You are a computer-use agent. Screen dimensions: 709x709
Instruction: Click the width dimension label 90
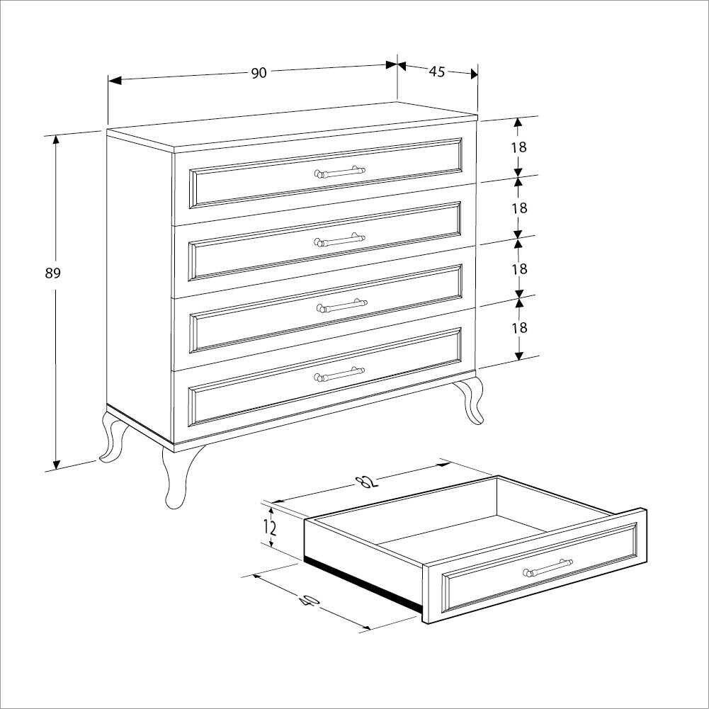[x=259, y=73]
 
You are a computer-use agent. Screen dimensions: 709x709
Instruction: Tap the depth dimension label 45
[x=436, y=71]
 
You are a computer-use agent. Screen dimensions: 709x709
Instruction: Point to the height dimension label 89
[x=53, y=273]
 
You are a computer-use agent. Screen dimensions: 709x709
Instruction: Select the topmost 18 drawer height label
[x=518, y=147]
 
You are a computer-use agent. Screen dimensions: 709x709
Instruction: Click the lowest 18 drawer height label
[x=519, y=327]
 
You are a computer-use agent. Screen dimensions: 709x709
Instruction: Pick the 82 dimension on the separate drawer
[x=365, y=482]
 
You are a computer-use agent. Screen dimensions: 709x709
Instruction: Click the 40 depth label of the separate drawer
[x=309, y=601]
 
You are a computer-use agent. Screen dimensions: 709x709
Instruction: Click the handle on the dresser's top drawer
[x=340, y=172]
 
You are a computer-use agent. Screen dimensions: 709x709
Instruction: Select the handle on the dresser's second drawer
[x=340, y=240]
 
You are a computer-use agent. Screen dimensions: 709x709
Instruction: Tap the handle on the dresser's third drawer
[x=341, y=306]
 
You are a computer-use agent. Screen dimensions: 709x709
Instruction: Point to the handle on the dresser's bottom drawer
[x=340, y=373]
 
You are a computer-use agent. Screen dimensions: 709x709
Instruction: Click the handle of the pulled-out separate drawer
[x=548, y=569]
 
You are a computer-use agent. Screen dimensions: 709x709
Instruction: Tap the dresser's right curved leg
[x=470, y=400]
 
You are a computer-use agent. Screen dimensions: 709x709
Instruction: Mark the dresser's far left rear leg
[x=112, y=439]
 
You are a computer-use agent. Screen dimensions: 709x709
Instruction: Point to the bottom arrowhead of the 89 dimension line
[x=56, y=464]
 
